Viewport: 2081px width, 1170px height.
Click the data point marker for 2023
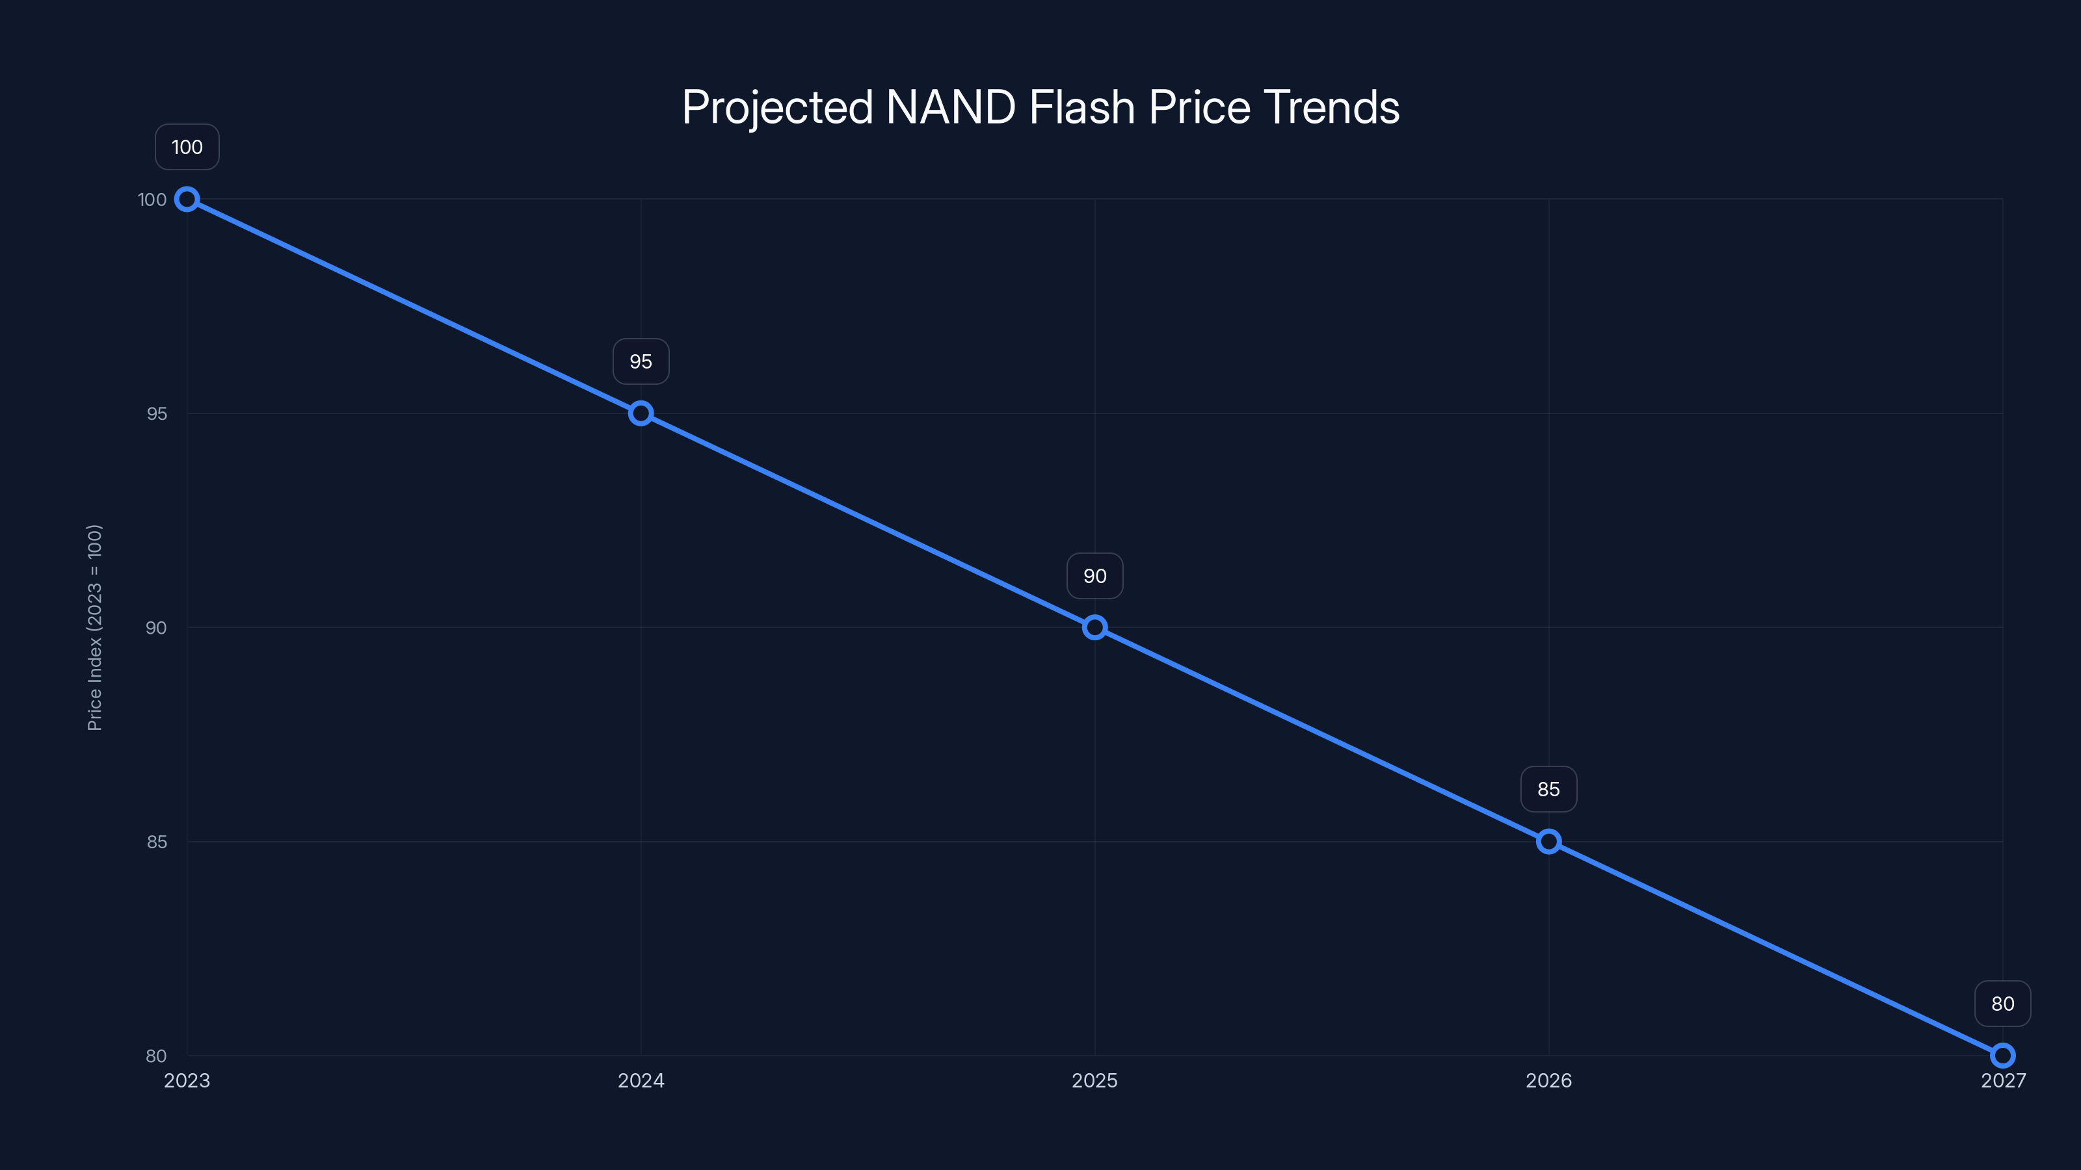click(187, 200)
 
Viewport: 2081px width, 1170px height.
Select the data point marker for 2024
click(641, 413)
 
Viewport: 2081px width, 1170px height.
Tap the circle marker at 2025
click(1094, 627)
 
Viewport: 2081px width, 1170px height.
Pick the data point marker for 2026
click(1548, 841)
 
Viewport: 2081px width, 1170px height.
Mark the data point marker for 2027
click(2003, 1056)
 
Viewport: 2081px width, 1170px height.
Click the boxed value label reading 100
click(187, 147)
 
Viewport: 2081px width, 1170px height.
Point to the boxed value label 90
click(1094, 576)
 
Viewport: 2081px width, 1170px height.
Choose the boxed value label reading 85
click(1548, 789)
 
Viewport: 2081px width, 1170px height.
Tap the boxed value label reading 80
click(2003, 1004)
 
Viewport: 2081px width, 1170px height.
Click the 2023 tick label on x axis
click(187, 1080)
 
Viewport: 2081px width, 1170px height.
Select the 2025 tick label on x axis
click(1094, 1080)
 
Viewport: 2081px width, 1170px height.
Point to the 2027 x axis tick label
click(2003, 1080)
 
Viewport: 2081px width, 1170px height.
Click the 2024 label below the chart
click(641, 1080)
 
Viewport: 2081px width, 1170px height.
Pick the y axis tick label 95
click(157, 413)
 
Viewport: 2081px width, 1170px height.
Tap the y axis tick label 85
click(157, 841)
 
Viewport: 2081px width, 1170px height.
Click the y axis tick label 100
click(152, 200)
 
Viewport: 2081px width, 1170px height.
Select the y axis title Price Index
click(94, 627)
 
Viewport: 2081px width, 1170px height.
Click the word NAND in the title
click(951, 107)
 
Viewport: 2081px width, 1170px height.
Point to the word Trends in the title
click(1331, 107)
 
